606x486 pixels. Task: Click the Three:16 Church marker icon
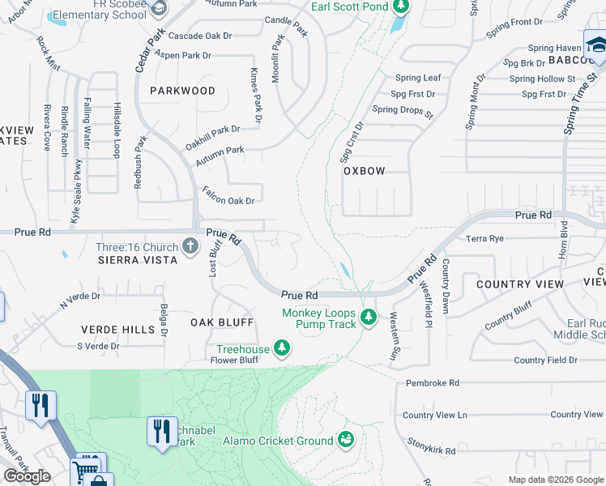[x=190, y=245]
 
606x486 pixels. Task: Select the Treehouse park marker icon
[x=282, y=348]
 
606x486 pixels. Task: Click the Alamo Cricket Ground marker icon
[x=346, y=440]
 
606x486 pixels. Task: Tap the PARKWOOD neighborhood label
[x=182, y=91]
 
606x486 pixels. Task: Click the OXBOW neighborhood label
[x=364, y=171]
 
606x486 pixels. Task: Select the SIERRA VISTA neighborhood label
[x=138, y=260]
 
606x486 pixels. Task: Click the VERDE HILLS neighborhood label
[x=117, y=330]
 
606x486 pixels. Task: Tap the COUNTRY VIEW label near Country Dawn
[x=519, y=284]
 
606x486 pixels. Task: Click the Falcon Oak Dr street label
[x=228, y=200]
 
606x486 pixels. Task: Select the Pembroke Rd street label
[x=432, y=382]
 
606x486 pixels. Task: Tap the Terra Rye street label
[x=485, y=238]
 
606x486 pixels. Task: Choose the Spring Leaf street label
[x=418, y=78]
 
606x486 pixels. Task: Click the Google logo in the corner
[x=27, y=476]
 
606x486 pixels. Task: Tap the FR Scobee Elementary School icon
[x=159, y=8]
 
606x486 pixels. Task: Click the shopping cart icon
[x=87, y=468]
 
